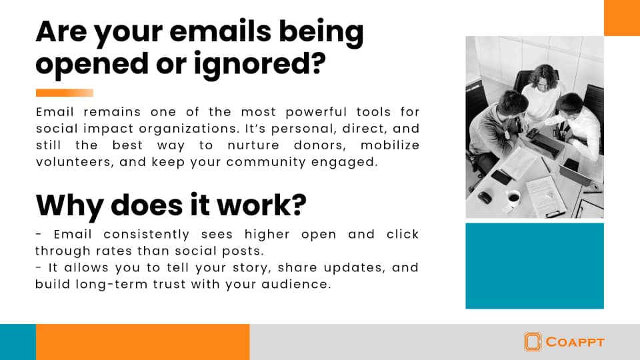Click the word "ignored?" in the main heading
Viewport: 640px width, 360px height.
coord(259,65)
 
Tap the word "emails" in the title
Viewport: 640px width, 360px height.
coord(220,31)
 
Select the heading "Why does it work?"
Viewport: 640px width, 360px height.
coord(171,205)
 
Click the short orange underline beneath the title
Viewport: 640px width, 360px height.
coord(65,93)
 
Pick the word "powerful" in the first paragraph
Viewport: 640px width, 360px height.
coord(316,112)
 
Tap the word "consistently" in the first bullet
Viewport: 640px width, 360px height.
coord(147,234)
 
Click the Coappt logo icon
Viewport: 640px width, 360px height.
coord(533,341)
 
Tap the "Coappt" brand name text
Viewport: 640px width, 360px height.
coord(575,342)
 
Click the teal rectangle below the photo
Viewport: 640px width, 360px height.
coord(535,266)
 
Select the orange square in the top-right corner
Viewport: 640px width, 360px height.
coord(622,17)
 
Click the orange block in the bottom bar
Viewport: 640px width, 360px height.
coord(143,342)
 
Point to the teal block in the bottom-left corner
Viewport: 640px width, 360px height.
coord(18,342)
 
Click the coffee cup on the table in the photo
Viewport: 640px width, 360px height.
coord(513,197)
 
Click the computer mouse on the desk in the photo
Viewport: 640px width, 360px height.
coord(485,197)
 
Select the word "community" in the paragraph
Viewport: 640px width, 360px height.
coord(266,162)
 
